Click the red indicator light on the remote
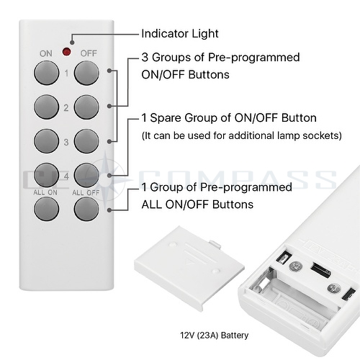pos(66,52)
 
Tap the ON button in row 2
pos(47,107)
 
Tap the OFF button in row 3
pos(86,141)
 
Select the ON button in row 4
pos(47,176)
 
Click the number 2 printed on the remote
pos(66,108)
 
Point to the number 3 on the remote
pos(66,142)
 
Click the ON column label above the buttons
pos(46,53)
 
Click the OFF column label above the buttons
pos(89,53)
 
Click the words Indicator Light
pos(180,34)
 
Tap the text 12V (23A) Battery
pos(214,335)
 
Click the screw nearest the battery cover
pos(295,266)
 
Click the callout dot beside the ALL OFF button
pos(109,210)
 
